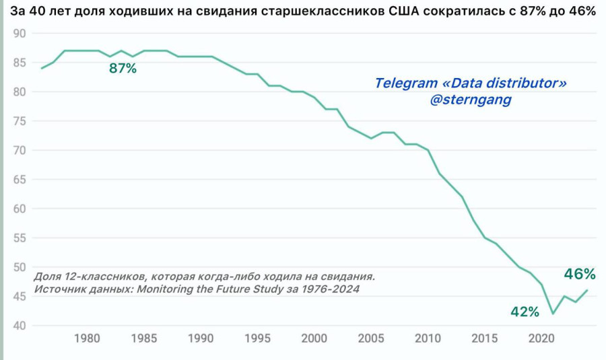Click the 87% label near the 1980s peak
[x=123, y=68]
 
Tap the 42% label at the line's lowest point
[x=525, y=312]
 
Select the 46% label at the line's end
[x=580, y=274]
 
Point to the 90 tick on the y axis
[x=20, y=34]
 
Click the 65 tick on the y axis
[x=20, y=180]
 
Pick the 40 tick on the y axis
[x=20, y=326]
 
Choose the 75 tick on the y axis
[x=20, y=121]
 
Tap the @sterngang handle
[x=471, y=100]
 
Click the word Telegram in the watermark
[x=405, y=83]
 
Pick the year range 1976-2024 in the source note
[x=327, y=289]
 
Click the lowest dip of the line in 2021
[x=553, y=314]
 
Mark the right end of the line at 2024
[x=587, y=290]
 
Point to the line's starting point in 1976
[x=42, y=69]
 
